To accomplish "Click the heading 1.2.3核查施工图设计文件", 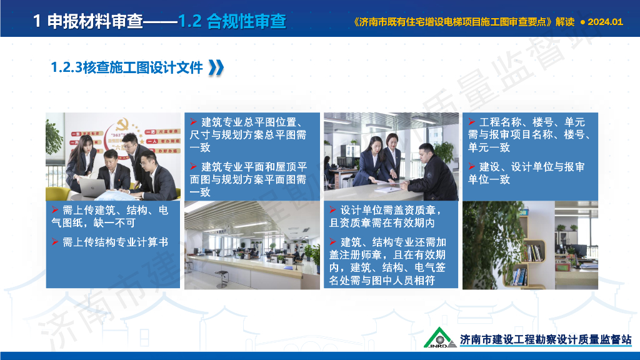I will click(127, 67).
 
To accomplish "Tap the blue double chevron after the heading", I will click(216, 67).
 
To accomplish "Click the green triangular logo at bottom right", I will click(440, 337).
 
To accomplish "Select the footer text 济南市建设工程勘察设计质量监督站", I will click(545, 339).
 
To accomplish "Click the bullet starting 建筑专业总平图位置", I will click(252, 134).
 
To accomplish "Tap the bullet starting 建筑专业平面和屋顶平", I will click(252, 179).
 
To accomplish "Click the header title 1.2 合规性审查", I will click(232, 21).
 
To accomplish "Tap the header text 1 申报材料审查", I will click(87, 21).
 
